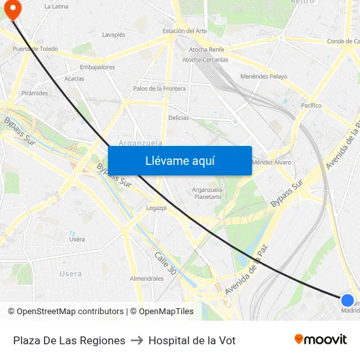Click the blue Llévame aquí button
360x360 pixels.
(179, 160)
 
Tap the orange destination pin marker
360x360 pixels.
(12, 9)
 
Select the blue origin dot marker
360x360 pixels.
(348, 300)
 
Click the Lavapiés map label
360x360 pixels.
(114, 35)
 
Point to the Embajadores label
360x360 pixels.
(97, 67)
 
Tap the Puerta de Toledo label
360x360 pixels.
(35, 49)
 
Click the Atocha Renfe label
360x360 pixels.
(207, 50)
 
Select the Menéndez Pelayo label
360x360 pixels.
(264, 77)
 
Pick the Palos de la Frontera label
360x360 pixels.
(159, 88)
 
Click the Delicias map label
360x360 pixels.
(179, 118)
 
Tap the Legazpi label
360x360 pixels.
(156, 209)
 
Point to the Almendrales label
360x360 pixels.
(147, 278)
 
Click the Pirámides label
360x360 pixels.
(35, 93)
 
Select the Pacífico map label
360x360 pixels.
(311, 105)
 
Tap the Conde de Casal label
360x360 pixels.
(343, 41)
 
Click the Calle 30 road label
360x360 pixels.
(164, 262)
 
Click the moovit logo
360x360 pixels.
(321, 340)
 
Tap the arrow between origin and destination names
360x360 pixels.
(137, 340)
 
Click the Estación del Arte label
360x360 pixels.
(185, 31)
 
